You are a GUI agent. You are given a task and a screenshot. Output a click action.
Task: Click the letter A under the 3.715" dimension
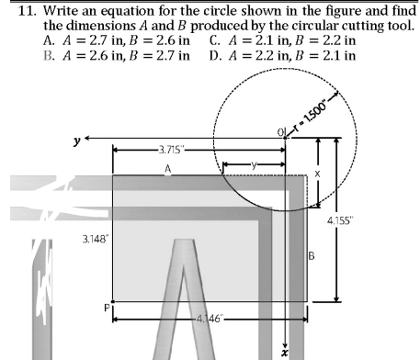[168, 166]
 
